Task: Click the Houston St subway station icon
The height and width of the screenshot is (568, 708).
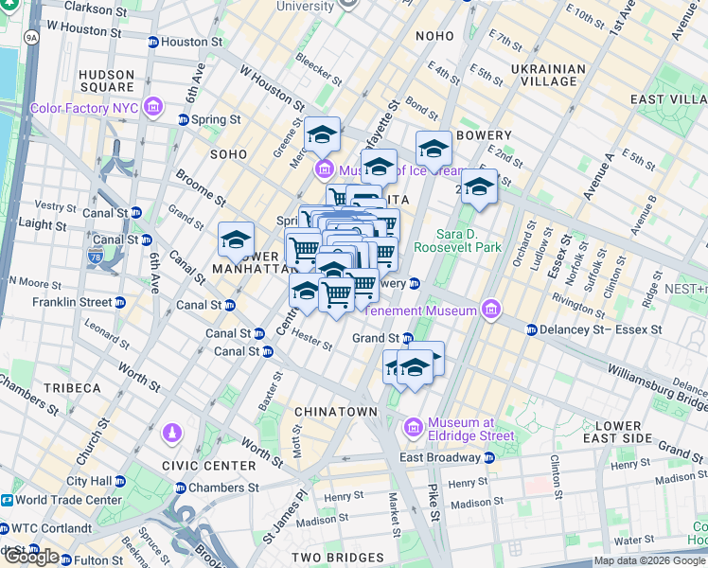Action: [x=153, y=43]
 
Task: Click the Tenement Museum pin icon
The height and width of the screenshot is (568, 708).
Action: [x=490, y=309]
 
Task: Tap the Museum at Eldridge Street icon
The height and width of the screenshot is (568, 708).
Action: [x=414, y=429]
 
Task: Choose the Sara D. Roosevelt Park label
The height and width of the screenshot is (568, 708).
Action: [x=468, y=240]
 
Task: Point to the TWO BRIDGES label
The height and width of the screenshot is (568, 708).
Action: [x=333, y=558]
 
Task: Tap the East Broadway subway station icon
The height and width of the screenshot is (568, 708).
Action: [x=488, y=457]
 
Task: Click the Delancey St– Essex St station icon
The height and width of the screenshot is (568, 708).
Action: [x=530, y=329]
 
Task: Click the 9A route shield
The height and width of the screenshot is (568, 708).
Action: [x=31, y=38]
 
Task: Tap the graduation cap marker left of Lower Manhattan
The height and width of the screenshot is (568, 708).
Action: [x=236, y=240]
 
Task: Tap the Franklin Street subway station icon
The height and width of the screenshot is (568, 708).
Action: [x=120, y=303]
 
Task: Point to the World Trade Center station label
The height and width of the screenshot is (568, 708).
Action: [x=68, y=500]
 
